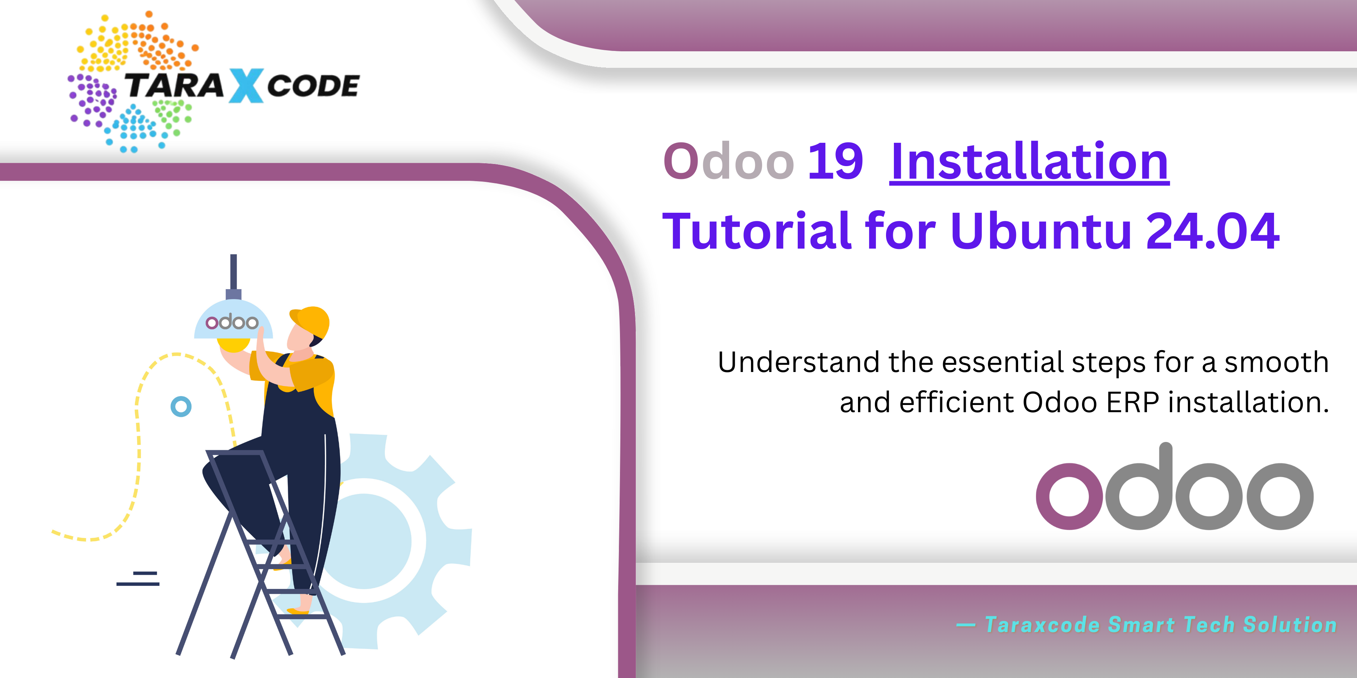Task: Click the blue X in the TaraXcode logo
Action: point(246,86)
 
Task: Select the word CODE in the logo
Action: point(313,86)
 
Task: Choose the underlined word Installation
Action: point(1029,161)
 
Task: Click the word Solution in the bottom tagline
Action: point(1290,625)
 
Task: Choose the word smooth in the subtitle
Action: point(1276,362)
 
